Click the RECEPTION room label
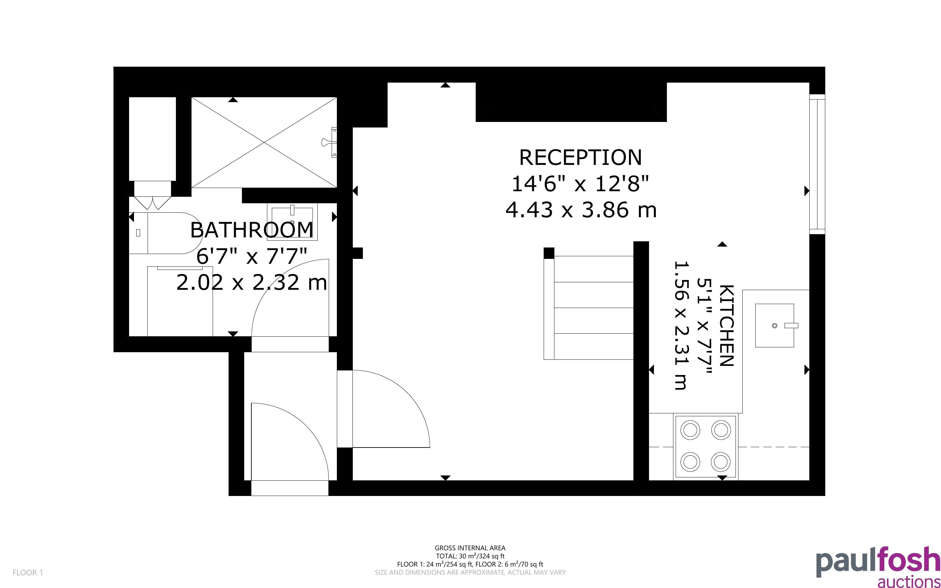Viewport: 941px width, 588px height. point(580,157)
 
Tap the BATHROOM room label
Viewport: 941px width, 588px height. point(251,230)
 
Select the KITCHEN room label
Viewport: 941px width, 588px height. point(726,326)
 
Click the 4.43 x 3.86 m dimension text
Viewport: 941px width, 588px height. point(581,210)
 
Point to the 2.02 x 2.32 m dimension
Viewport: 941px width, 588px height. point(251,282)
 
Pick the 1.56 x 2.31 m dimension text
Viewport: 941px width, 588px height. point(680,326)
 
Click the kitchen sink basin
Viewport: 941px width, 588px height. point(774,326)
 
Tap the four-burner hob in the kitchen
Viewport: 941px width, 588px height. point(706,447)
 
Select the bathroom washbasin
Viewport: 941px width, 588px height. point(292,222)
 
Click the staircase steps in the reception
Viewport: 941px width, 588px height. point(589,307)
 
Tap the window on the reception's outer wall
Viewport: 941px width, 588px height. point(817,164)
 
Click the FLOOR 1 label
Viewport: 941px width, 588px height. point(28,572)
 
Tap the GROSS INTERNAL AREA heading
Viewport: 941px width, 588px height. point(470,548)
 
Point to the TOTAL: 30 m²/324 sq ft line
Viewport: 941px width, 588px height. point(470,556)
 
